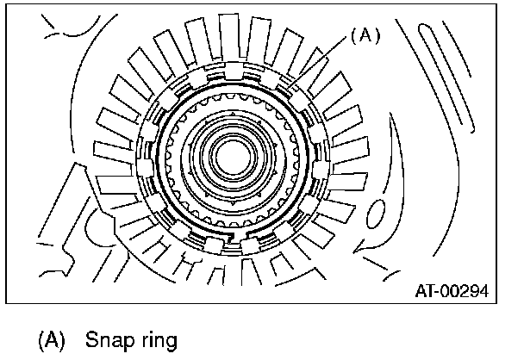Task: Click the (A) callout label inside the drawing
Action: click(x=364, y=37)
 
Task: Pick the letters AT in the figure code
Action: click(x=424, y=292)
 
